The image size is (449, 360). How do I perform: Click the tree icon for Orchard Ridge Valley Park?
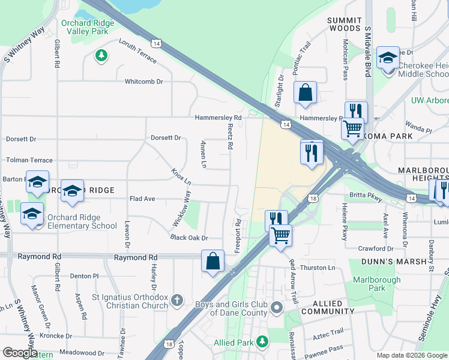(101, 56)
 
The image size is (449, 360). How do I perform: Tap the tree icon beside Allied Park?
(262, 342)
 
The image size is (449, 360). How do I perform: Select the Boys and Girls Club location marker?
(276, 308)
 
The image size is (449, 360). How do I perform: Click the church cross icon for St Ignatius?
(177, 299)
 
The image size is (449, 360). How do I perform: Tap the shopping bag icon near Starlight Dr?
(305, 93)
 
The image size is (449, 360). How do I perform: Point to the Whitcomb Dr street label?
(143, 82)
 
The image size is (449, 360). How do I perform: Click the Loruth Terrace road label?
(137, 52)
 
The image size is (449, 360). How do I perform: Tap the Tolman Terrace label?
(29, 160)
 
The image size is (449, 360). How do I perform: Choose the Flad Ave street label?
(142, 199)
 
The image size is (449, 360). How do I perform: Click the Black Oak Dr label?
(188, 238)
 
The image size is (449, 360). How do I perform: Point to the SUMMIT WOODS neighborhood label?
(344, 24)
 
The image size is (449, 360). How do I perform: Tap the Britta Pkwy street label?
(366, 196)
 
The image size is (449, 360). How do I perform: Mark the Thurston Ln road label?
(318, 268)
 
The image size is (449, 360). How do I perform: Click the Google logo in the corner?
(20, 353)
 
